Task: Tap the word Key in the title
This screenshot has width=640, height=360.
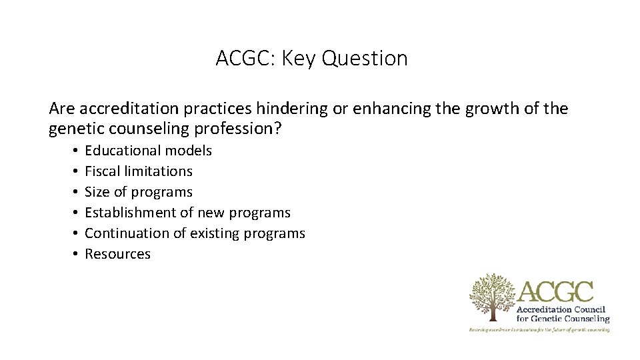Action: coord(299,59)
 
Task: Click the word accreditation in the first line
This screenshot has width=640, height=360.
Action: coord(122,108)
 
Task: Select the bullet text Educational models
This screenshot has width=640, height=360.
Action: coord(148,151)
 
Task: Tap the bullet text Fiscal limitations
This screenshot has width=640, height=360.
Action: coord(138,171)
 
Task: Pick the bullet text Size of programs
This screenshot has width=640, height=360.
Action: coord(138,192)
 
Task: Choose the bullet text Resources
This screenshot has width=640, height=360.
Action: coord(117,254)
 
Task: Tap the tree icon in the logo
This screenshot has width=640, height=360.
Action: coord(492,295)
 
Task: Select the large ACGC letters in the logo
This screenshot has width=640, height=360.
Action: coord(555,291)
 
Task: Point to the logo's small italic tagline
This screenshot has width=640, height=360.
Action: coord(539,329)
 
